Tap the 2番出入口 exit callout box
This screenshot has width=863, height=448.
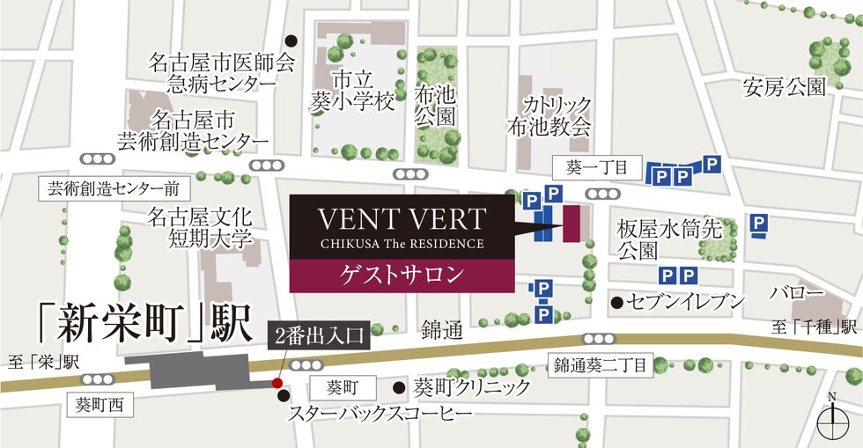[314, 336]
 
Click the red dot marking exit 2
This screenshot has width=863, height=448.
[277, 383]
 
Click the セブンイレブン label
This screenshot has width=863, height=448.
[683, 302]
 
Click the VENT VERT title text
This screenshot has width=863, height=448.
[401, 218]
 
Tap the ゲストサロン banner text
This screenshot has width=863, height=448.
[402, 274]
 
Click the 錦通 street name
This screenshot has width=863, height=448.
[441, 330]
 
